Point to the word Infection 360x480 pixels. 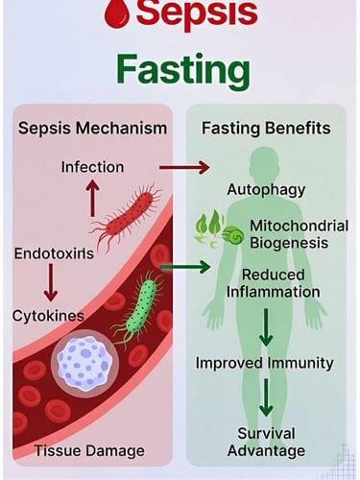[92, 167]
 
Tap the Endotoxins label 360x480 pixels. [53, 253]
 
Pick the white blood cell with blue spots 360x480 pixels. [84, 368]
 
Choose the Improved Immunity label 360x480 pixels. [264, 363]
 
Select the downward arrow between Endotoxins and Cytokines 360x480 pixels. [49, 284]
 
